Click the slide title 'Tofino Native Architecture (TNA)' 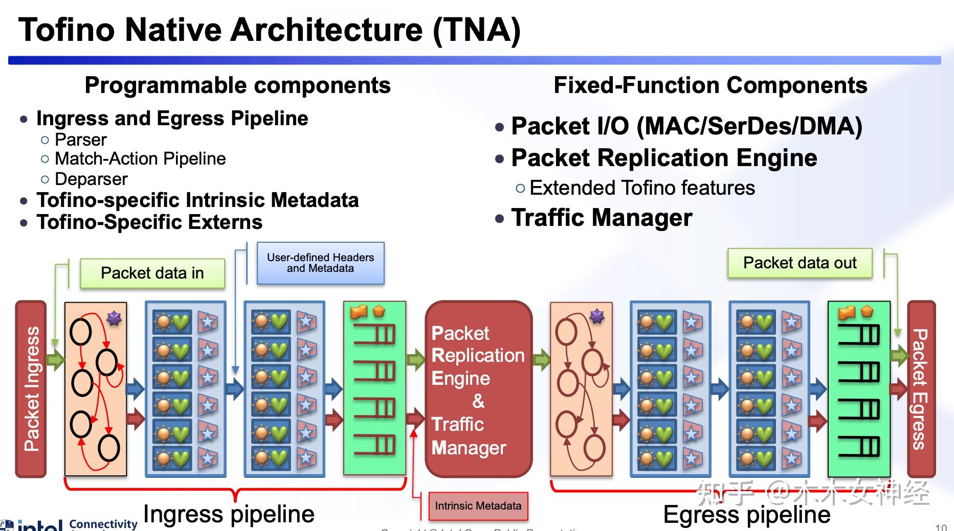[x=269, y=30]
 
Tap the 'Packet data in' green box [x=152, y=273]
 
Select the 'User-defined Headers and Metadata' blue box [x=320, y=263]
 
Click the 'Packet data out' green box [x=800, y=263]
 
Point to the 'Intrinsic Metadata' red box [x=478, y=506]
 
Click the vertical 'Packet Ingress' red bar [x=31, y=388]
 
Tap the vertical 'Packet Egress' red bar [x=921, y=388]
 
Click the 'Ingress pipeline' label [x=229, y=514]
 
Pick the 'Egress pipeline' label [x=747, y=514]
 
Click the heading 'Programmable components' [x=237, y=85]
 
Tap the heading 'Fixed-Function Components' [x=711, y=85]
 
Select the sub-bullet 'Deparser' [x=91, y=179]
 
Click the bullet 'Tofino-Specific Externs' [x=149, y=222]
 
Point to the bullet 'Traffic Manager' [x=602, y=218]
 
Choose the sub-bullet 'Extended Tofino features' [x=642, y=188]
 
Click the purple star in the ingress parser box [x=114, y=318]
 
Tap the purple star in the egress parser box [x=597, y=316]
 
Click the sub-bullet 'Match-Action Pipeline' [x=140, y=159]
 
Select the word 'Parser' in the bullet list [x=81, y=140]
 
